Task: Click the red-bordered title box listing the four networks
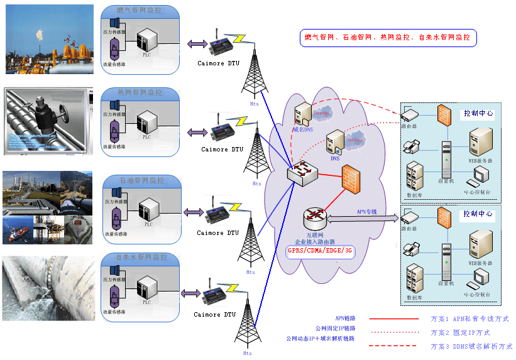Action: click(x=388, y=38)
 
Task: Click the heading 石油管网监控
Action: click(x=142, y=180)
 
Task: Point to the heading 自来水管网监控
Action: click(x=142, y=258)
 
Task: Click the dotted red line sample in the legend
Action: click(x=393, y=332)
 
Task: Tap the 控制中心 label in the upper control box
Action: click(x=478, y=114)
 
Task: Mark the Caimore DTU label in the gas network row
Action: click(x=218, y=63)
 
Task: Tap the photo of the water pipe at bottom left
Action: click(x=48, y=288)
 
